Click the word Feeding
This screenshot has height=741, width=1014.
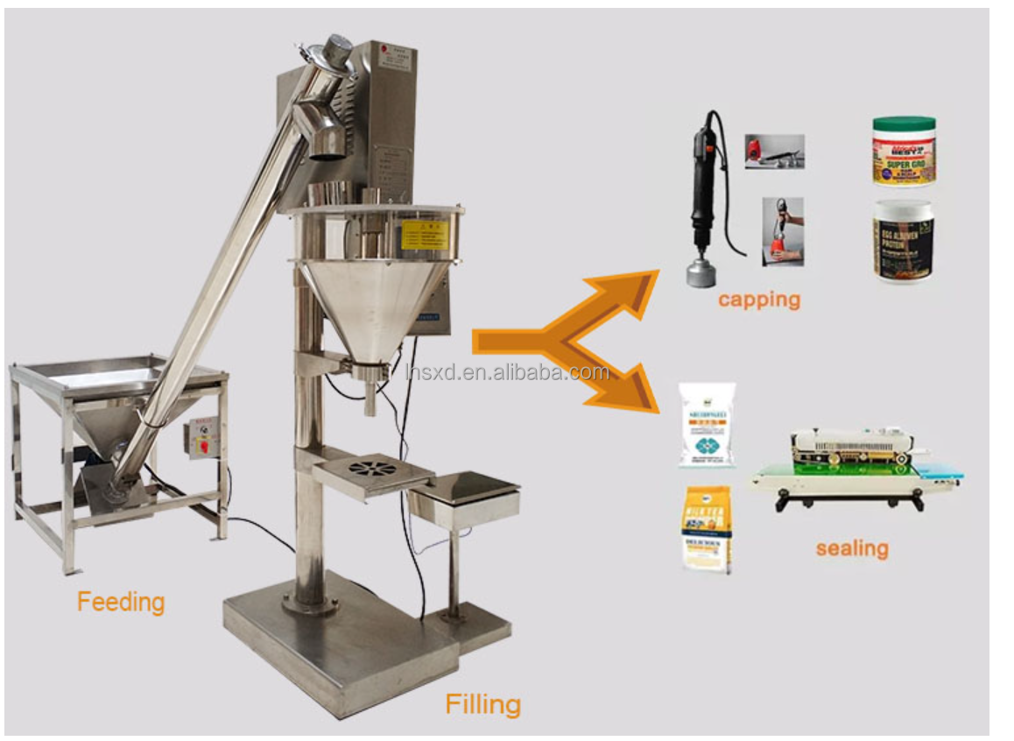click(121, 602)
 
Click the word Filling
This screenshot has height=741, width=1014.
click(482, 703)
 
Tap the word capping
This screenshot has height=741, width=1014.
click(759, 300)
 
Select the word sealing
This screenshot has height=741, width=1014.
click(852, 548)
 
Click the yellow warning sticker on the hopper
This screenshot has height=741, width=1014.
click(425, 234)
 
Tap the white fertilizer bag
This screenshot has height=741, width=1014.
click(708, 425)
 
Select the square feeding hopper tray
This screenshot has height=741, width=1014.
click(118, 377)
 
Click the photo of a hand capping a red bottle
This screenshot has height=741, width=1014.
click(782, 232)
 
